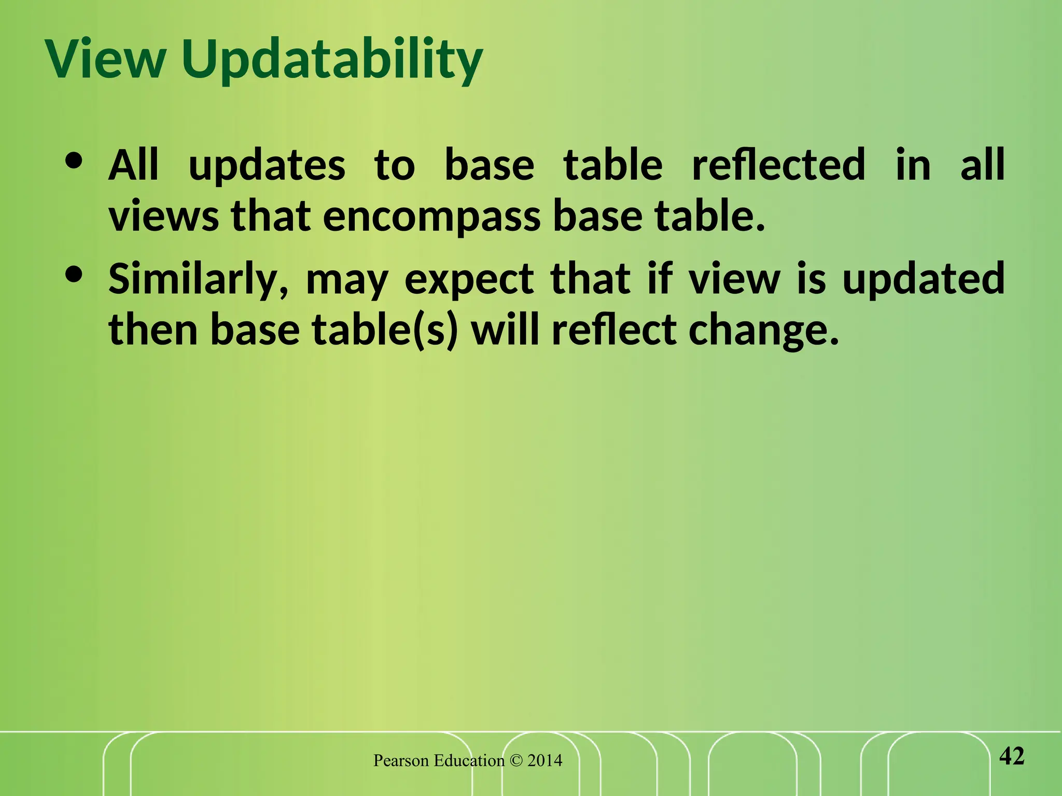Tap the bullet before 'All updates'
pos(75,161)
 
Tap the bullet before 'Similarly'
pos(75,275)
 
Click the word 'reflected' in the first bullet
pos(778,165)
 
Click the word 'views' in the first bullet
pos(163,217)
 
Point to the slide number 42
pos(1012,756)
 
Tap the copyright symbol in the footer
pos(516,761)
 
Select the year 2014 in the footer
pos(544,761)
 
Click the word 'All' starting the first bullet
pos(133,165)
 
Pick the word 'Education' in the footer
pos(469,761)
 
